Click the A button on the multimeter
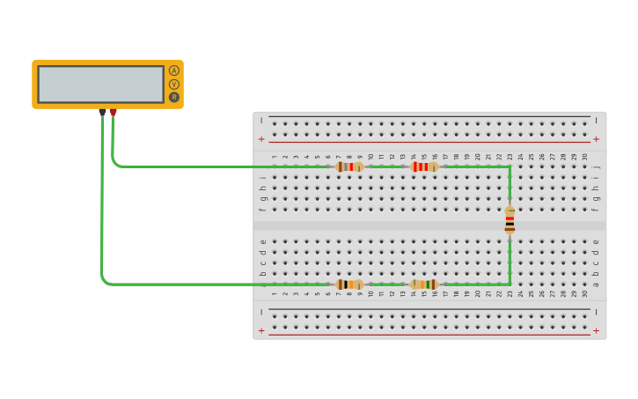(x=173, y=70)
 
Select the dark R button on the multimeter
(x=173, y=97)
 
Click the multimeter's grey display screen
(x=100, y=84)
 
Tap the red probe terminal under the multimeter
(x=113, y=113)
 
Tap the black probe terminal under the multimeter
(x=102, y=113)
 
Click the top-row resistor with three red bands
(x=423, y=166)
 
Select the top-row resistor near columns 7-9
(x=349, y=166)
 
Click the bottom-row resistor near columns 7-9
(x=349, y=284)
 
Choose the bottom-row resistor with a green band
(x=423, y=284)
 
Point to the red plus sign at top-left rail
(x=261, y=139)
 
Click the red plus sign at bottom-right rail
(x=596, y=331)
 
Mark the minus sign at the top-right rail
(x=596, y=120)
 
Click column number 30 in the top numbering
(x=584, y=157)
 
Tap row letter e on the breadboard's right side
(x=596, y=241)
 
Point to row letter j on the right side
(x=596, y=166)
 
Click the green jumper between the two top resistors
(x=386, y=166)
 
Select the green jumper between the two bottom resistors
(x=386, y=284)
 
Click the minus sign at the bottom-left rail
(x=261, y=312)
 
